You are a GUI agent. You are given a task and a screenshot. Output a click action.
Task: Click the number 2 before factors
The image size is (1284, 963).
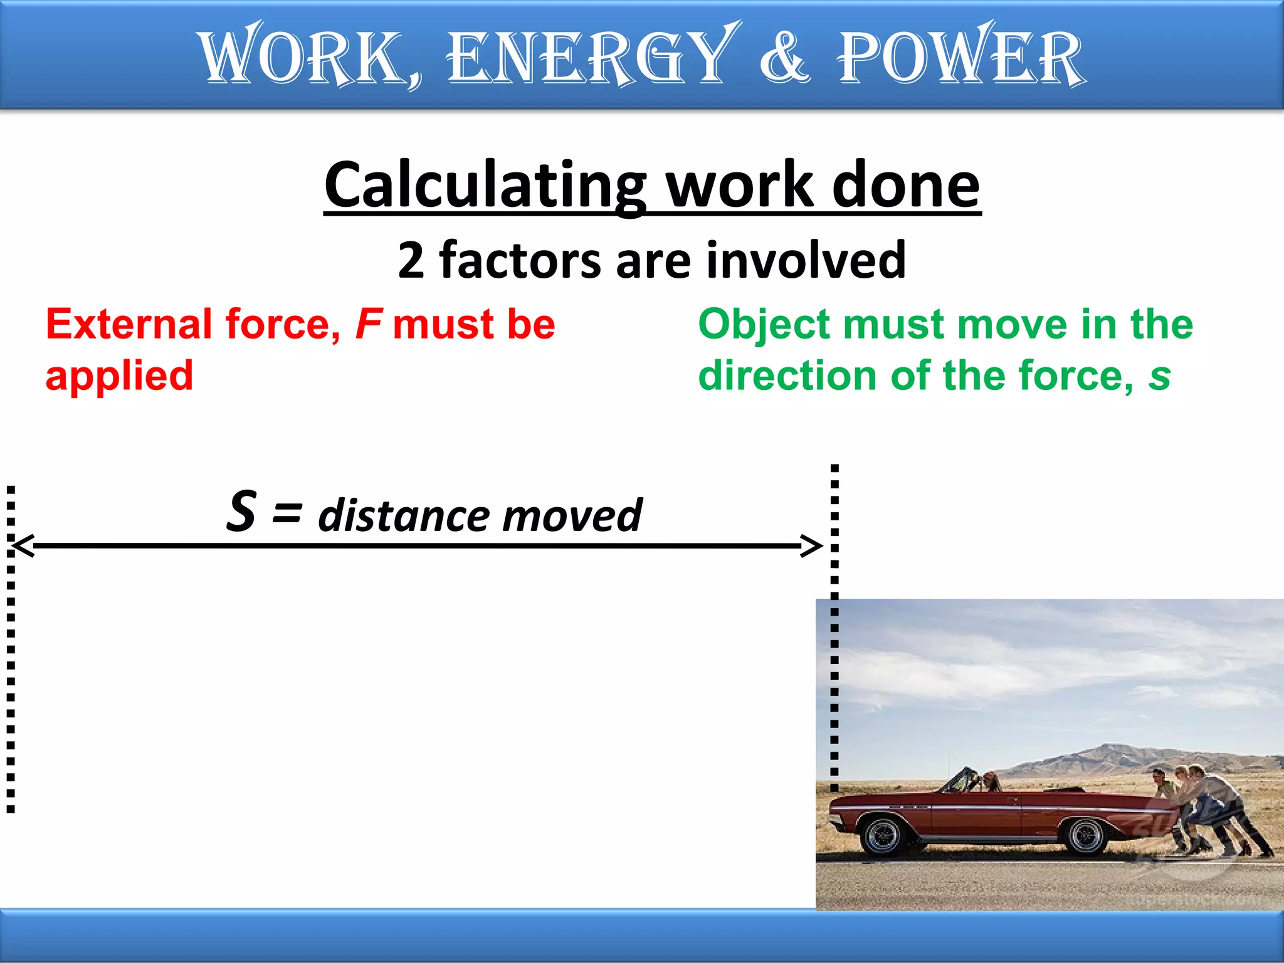coord(411,261)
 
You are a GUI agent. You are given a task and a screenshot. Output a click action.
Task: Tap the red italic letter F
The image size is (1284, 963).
coord(368,325)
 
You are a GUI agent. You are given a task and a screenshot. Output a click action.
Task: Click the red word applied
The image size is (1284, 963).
coord(119,376)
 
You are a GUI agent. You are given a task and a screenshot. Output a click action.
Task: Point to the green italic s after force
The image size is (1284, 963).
coord(1159,376)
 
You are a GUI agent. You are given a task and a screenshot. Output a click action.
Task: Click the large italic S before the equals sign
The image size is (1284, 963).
coord(241,512)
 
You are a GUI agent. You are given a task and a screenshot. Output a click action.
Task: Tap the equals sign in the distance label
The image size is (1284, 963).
coord(287,513)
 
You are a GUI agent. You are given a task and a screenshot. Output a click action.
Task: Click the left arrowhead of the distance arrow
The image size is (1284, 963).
coord(23,546)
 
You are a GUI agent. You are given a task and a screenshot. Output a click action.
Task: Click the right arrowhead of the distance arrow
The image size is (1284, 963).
coord(813,546)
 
